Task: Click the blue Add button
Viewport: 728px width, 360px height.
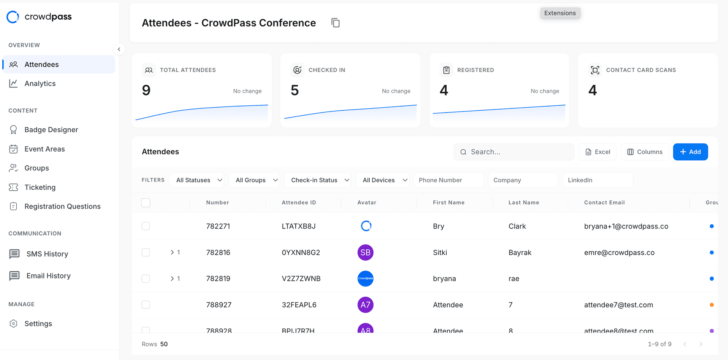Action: [x=690, y=152]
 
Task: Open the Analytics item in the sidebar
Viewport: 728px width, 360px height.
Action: [x=40, y=83]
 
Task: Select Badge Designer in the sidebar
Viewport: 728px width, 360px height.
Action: [x=51, y=130]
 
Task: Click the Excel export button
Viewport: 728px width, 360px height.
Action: [x=598, y=152]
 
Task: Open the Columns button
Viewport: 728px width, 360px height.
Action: [x=645, y=152]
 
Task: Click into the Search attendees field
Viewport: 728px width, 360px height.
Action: [x=516, y=152]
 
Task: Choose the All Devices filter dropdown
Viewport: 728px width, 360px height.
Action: [x=383, y=180]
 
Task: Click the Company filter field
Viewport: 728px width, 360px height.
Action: [x=522, y=180]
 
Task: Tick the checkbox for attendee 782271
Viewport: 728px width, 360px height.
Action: [x=146, y=226]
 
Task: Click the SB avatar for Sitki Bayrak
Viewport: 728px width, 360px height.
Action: [x=366, y=252]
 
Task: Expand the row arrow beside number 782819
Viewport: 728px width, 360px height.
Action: [x=172, y=279]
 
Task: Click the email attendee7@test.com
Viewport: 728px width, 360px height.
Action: [x=618, y=305]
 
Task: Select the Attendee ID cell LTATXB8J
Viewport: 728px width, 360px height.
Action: [x=298, y=226]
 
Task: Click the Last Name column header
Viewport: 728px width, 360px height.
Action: [x=524, y=202]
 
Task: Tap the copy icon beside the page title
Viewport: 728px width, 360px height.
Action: [x=336, y=23]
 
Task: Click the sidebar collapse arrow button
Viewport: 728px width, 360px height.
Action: [x=119, y=49]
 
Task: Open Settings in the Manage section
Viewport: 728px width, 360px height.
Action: [x=38, y=324]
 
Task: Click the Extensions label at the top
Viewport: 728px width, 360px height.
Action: [x=560, y=13]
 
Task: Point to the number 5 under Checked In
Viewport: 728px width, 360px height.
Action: [x=295, y=90]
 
